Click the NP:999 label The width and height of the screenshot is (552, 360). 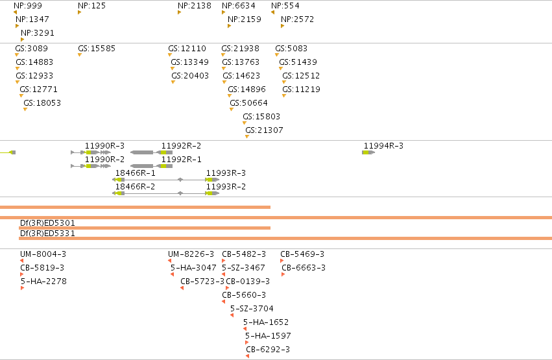(28, 6)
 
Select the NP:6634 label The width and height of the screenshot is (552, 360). (238, 6)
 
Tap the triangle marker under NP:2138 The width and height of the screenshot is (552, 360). (179, 13)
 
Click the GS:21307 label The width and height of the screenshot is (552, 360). (264, 130)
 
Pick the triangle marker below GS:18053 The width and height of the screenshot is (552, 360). (25, 110)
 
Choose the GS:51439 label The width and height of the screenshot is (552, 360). (298, 62)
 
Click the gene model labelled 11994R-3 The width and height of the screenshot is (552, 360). (368, 152)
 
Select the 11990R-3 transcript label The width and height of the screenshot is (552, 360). (104, 146)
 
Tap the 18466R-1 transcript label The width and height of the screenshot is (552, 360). (135, 173)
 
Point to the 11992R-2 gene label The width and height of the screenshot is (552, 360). (181, 146)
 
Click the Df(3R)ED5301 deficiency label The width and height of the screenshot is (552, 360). (47, 222)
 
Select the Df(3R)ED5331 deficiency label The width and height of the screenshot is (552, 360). (47, 234)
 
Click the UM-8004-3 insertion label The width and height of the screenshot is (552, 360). (43, 254)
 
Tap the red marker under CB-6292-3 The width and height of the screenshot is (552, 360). (248, 356)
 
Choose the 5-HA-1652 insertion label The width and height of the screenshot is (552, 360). (266, 322)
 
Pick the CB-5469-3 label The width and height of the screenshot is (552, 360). (302, 254)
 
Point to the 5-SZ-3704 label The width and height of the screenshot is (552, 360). (252, 309)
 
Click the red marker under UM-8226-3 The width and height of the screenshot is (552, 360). (170, 261)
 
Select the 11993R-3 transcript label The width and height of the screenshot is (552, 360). (226, 173)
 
